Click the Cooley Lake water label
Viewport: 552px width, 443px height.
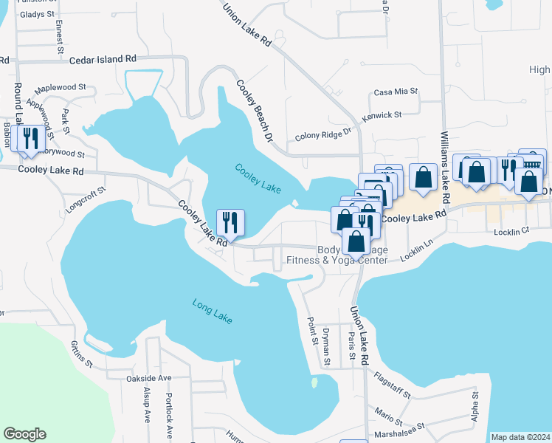pos(258,178)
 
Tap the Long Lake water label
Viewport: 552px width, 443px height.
pos(212,311)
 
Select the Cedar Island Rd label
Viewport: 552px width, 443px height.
pos(103,59)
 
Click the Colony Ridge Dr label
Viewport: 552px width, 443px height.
pos(325,136)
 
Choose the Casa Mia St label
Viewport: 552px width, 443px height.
pos(396,92)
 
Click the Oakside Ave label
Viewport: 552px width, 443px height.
pos(148,378)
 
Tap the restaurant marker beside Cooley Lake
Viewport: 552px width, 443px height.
pos(230,223)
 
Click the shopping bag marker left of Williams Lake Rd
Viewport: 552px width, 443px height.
pos(423,178)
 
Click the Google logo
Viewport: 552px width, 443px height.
pos(24,434)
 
